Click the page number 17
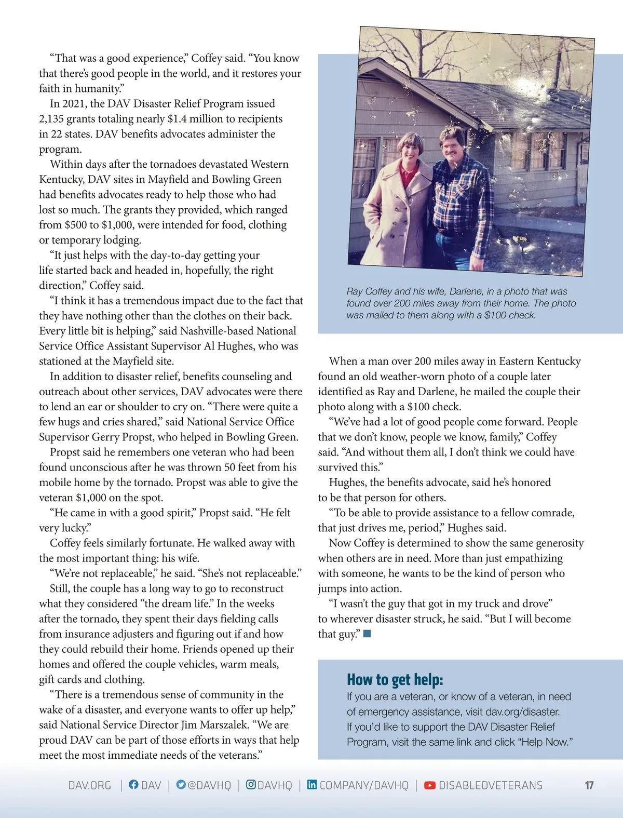pos(589,785)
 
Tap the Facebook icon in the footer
pos(133,785)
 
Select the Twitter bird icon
pos(181,785)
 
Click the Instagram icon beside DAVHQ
pos(251,785)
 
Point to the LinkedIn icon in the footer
pos(311,785)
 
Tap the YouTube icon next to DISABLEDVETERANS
pos(430,785)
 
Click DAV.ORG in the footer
pos(90,785)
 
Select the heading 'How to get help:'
pos(395,679)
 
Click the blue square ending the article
pos(367,634)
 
